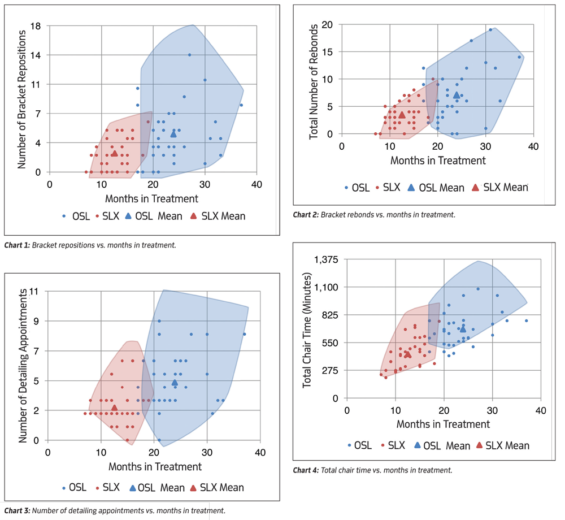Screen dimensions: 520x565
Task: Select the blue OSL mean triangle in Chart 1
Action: pos(173,133)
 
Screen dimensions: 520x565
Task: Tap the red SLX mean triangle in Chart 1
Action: pos(114,153)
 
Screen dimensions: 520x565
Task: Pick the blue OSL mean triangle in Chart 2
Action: pos(457,95)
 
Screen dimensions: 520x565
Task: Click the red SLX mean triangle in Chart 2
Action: pos(402,115)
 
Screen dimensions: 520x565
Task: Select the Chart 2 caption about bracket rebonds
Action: pos(373,215)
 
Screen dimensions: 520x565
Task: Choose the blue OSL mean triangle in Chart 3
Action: pos(175,383)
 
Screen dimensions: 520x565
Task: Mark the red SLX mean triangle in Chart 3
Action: pos(114,408)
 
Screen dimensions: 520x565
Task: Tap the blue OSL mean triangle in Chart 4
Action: pos(463,328)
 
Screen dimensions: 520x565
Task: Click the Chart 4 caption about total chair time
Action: pos(372,470)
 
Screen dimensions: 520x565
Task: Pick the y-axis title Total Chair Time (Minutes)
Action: pos(308,331)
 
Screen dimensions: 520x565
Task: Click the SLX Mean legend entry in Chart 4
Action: pos(503,445)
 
